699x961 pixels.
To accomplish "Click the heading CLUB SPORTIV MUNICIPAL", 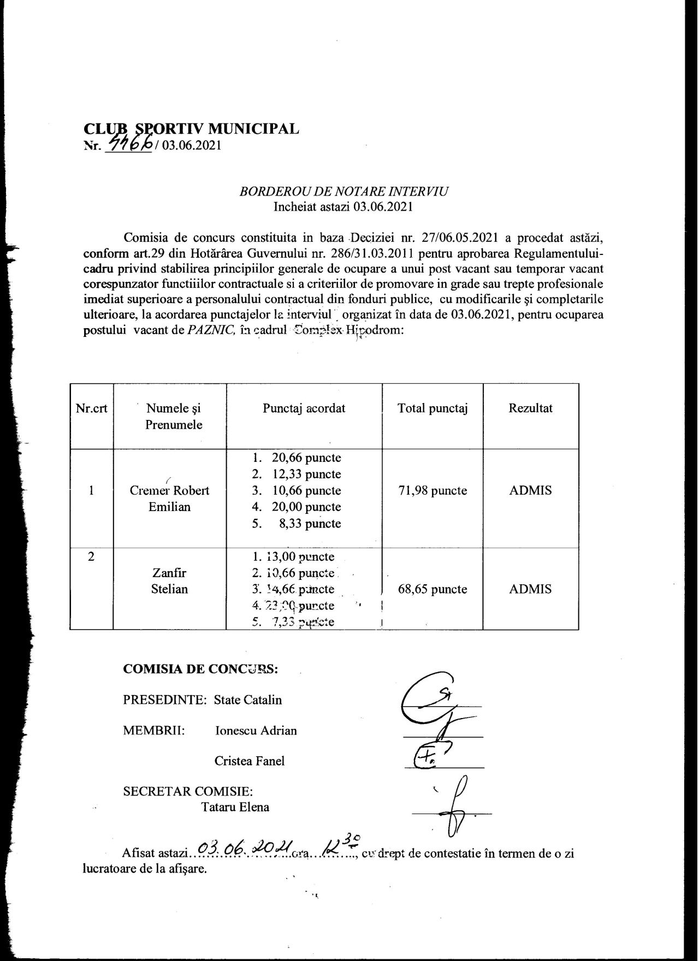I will tap(191, 129).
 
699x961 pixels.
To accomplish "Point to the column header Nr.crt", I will tap(91, 408).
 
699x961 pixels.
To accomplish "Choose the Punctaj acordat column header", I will tap(304, 408).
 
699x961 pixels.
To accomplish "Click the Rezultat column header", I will tap(530, 408).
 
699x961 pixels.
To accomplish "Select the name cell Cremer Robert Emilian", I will tap(169, 498).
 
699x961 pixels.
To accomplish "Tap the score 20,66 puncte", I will tap(306, 458).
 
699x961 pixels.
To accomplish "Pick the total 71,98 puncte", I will tap(433, 490).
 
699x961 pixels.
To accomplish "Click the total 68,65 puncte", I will tap(433, 589).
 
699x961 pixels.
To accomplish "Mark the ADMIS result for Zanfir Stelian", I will tap(530, 589).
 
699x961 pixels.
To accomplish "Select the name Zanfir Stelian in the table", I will tap(169, 581).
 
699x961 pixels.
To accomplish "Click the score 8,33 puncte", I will tap(306, 524).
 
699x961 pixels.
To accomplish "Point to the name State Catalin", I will tap(248, 700).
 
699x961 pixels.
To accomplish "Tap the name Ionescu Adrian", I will tap(256, 731).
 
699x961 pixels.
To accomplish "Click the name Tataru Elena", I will tap(235, 807).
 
